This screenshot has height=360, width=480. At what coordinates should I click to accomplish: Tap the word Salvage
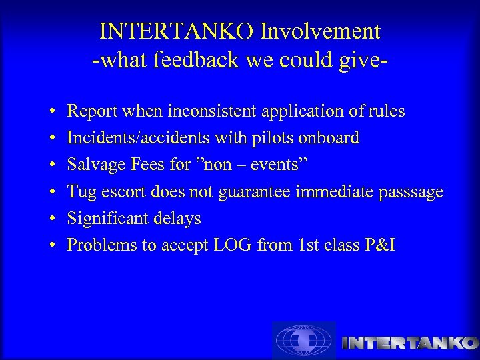click(93, 165)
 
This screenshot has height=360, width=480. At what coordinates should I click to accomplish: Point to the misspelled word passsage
click(405, 192)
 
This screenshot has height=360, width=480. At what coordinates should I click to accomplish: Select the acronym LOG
click(232, 245)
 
